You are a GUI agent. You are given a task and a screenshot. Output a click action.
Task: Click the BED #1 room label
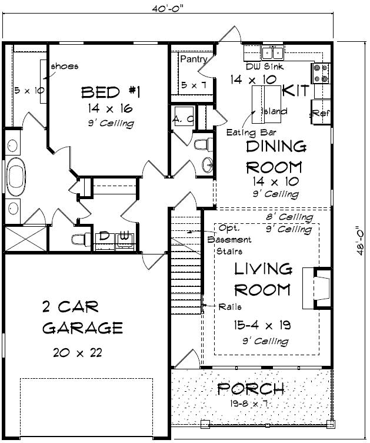coord(110,92)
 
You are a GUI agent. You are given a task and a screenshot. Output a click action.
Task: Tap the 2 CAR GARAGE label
coord(82,317)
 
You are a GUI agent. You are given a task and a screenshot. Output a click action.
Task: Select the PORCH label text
coord(251,389)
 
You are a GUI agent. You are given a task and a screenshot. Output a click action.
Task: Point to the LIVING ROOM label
coord(262,279)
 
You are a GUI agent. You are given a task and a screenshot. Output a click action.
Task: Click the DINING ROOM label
coord(276,156)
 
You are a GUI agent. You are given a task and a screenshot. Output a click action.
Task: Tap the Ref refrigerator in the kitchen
coord(321,113)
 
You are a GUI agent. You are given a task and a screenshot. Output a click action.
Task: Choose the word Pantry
coord(194,59)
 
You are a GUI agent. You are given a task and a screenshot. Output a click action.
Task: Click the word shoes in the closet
coord(65,66)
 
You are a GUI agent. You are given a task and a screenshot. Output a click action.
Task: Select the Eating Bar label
coord(252,133)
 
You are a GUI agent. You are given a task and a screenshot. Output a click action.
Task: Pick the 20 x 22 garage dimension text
coord(77,352)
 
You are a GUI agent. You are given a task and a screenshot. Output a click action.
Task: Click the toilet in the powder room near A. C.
coord(202,144)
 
